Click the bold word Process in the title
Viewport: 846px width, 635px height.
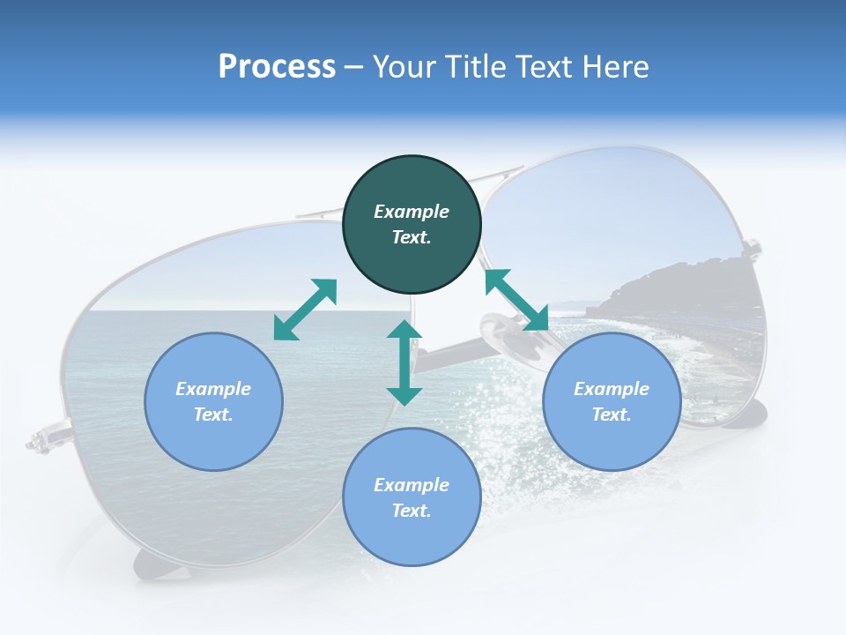[x=277, y=67]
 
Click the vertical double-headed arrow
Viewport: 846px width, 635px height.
[x=404, y=362]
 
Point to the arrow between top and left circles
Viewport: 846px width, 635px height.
[x=305, y=310]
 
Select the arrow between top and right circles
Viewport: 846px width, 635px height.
[x=516, y=300]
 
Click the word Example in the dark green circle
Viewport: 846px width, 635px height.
[x=412, y=212]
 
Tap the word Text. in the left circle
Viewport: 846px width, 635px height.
[x=213, y=415]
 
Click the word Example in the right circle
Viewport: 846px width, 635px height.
[x=612, y=389]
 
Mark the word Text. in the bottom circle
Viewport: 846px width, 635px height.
[x=412, y=511]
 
